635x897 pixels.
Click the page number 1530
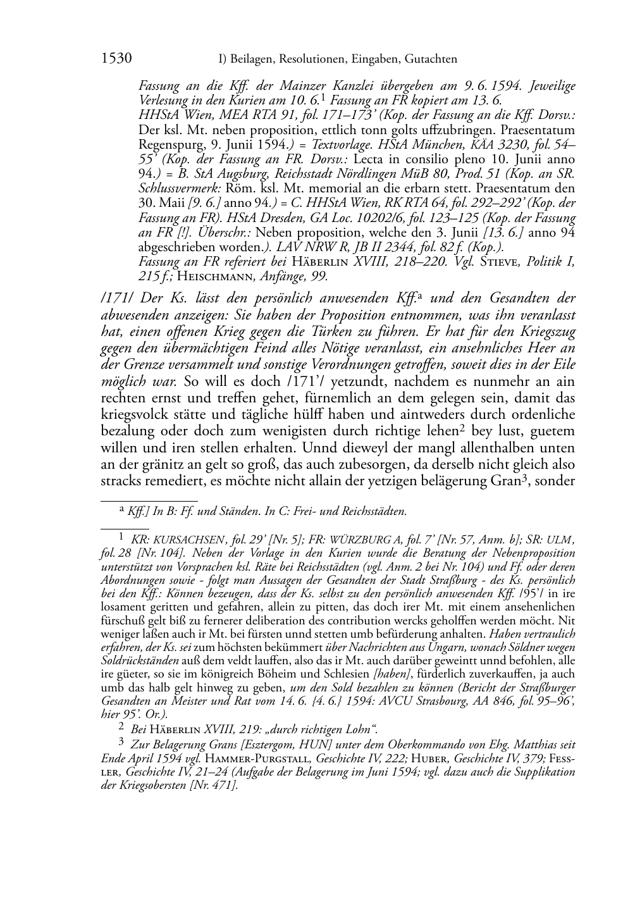pyautogui.click(x=116, y=59)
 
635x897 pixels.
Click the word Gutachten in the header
pyautogui.click(x=429, y=59)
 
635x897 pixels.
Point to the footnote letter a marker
pyautogui.click(x=121, y=509)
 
